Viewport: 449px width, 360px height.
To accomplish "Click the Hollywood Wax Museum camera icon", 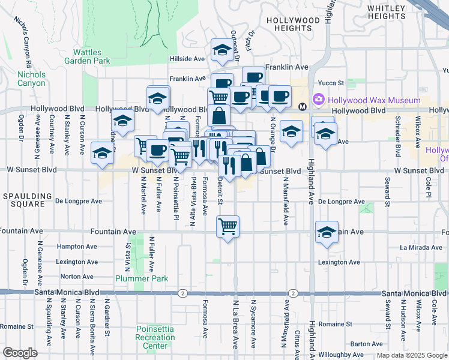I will pyautogui.click(x=318, y=99).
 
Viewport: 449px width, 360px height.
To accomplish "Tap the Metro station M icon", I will pyautogui.click(x=303, y=106).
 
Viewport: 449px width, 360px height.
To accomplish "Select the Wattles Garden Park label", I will pyautogui.click(x=91, y=56).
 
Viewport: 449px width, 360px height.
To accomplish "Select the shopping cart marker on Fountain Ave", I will pyautogui.click(x=228, y=227).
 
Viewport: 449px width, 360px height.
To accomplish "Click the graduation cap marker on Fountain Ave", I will pyautogui.click(x=326, y=233).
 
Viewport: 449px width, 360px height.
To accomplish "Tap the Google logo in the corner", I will pyautogui.click(x=20, y=353).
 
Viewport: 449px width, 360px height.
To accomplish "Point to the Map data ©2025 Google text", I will pyautogui.click(x=412, y=355).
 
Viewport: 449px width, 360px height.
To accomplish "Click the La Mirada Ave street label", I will pyautogui.click(x=420, y=247).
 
